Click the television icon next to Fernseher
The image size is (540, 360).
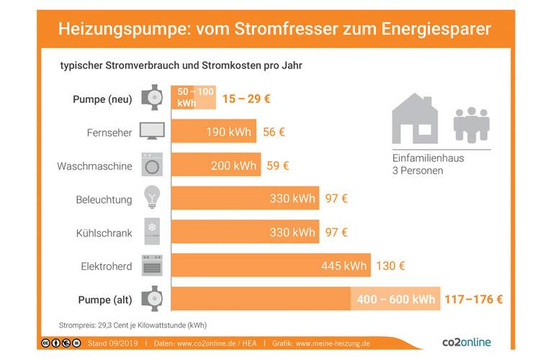[152, 131]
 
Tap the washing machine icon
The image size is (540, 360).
[152, 165]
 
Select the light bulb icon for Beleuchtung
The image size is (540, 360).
[152, 197]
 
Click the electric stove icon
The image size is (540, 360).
[152, 266]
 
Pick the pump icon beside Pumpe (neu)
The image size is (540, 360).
[152, 98]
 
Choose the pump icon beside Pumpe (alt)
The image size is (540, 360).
[152, 299]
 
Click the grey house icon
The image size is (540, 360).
[415, 118]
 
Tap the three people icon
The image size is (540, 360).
[472, 125]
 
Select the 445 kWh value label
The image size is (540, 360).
[344, 266]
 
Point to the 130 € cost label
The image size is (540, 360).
[391, 266]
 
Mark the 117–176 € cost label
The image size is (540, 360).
[473, 299]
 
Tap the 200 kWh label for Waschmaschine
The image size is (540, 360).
[234, 166]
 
